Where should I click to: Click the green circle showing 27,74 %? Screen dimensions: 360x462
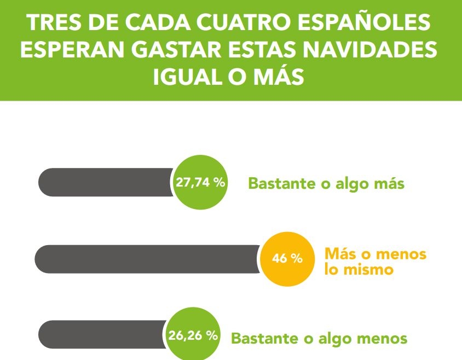(200, 183)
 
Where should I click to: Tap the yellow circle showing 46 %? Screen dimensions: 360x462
(287, 258)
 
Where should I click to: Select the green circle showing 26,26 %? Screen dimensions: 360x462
(193, 335)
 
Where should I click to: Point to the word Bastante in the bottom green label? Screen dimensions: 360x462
(264, 339)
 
